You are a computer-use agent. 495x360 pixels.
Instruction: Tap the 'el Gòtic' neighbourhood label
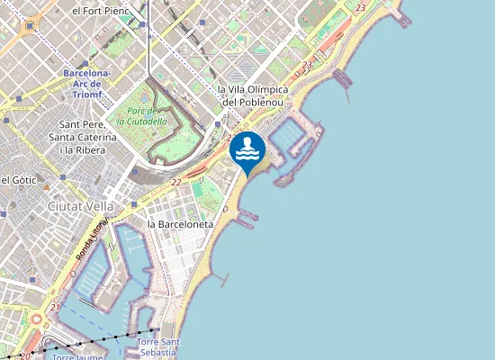point(18,180)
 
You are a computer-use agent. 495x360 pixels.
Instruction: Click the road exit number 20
point(25,355)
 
